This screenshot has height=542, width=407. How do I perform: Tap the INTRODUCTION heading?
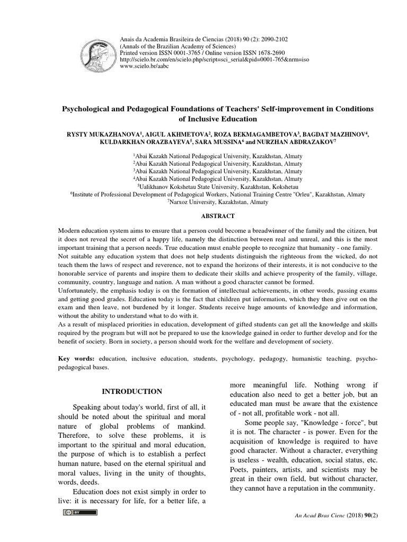(x=132, y=391)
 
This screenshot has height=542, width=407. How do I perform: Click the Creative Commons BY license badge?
(x=80, y=512)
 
